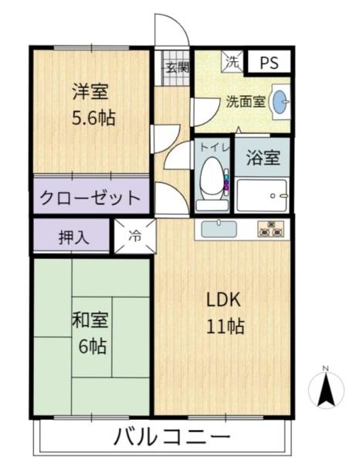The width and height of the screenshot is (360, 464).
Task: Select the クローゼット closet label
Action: click(90, 196)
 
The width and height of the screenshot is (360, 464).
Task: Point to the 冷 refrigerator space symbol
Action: click(135, 237)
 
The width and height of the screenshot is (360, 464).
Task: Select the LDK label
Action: click(224, 300)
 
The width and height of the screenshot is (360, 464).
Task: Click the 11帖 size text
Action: click(224, 326)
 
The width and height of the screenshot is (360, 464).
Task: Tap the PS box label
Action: click(269, 63)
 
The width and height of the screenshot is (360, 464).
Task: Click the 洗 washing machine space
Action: click(231, 60)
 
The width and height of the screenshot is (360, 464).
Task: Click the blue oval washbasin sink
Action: click(283, 101)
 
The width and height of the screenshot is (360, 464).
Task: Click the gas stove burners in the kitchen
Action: click(270, 228)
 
